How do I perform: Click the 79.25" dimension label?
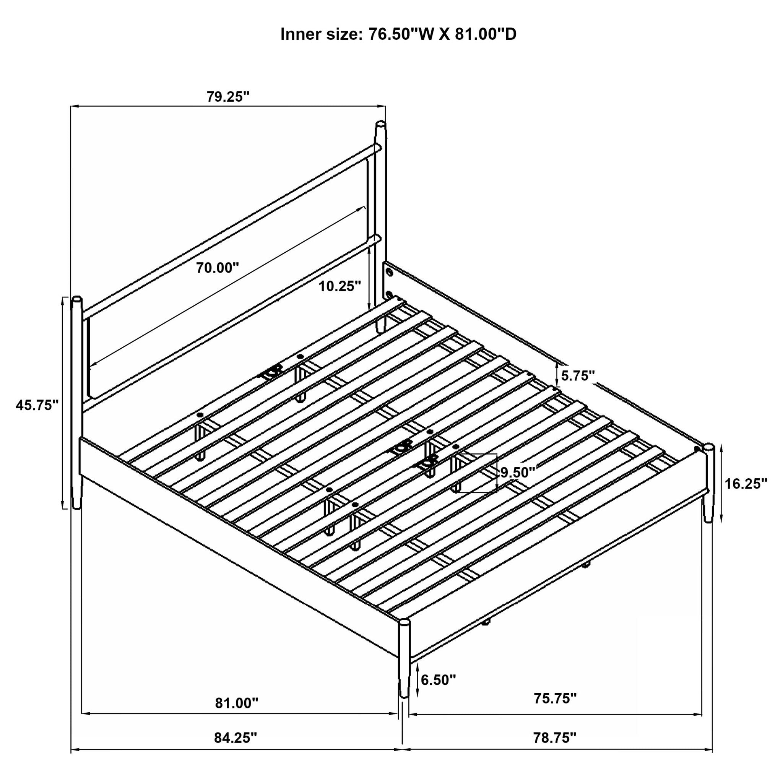click(228, 97)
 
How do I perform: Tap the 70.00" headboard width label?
click(218, 268)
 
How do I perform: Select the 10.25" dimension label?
click(339, 286)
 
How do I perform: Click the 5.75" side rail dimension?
click(578, 376)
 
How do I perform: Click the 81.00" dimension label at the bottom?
click(237, 703)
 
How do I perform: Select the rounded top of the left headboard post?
click(76, 299)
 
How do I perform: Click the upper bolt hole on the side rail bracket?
click(390, 272)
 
